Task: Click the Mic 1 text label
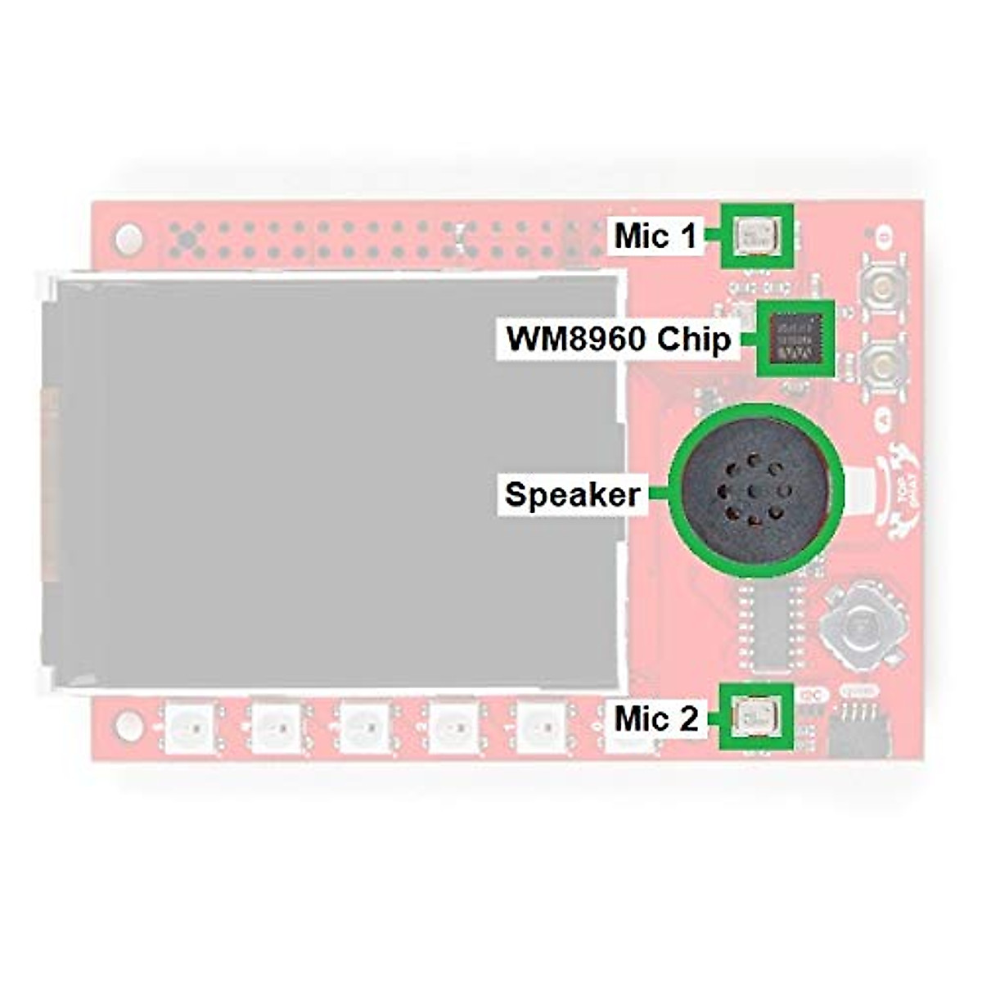point(655,236)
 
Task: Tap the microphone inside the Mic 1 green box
point(756,236)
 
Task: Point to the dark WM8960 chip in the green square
point(795,338)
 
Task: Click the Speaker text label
point(572,494)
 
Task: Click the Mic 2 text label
point(657,719)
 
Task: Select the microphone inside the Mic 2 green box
point(756,717)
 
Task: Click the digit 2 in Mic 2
point(688,719)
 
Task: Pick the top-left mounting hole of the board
point(128,240)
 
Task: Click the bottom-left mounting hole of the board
point(128,723)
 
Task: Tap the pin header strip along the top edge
point(368,237)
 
